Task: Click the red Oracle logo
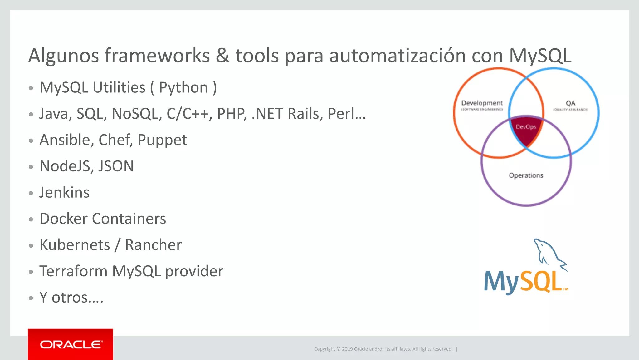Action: coord(71,344)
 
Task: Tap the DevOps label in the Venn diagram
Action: coord(526,127)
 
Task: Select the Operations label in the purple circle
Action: coord(526,175)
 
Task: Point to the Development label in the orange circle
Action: coord(482,103)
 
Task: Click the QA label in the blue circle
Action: coord(570,103)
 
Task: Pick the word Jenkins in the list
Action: coord(64,192)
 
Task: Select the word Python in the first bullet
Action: coord(183,87)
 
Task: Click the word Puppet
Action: coord(162,140)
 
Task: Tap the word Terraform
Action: coord(73,271)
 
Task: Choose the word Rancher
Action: coord(153,245)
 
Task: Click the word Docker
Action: coord(63,219)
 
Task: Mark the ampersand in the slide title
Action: coord(222,56)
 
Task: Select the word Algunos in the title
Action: coord(63,56)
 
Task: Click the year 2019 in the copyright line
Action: coord(347,349)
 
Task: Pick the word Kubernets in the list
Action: coord(75,245)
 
